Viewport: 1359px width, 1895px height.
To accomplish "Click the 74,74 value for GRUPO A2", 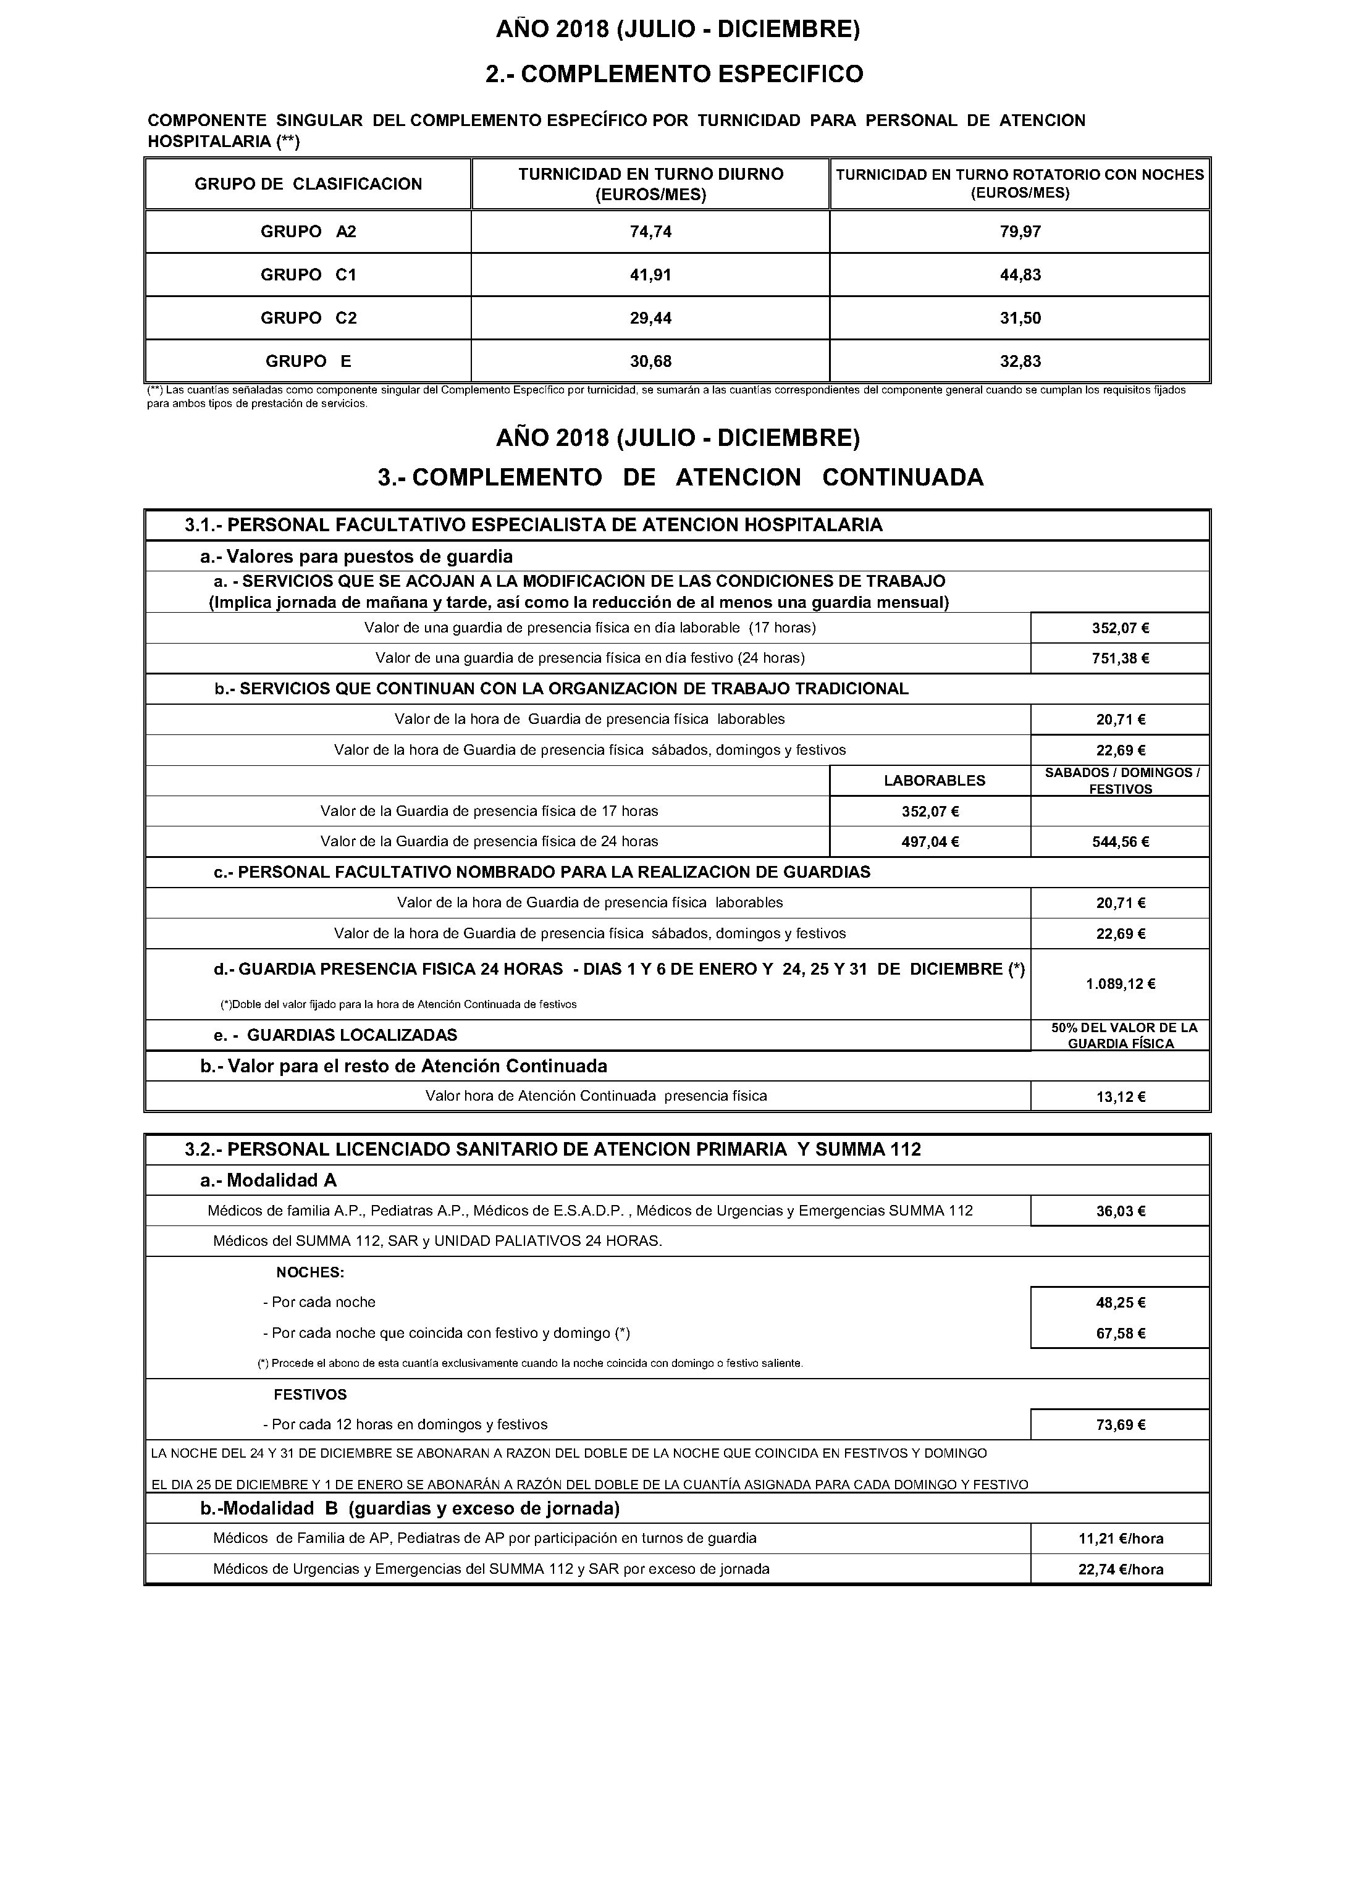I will (x=650, y=232).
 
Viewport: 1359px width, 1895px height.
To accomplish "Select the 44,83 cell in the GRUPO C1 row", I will (x=1020, y=275).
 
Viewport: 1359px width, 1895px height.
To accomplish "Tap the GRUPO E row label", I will (x=308, y=361).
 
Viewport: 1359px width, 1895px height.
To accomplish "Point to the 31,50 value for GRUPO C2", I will (x=1020, y=318).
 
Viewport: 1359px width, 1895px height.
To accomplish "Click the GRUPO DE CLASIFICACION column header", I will (x=308, y=184).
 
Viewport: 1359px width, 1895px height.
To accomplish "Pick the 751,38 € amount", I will (x=1120, y=658).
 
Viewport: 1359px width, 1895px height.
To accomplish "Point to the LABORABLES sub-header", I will (x=935, y=780).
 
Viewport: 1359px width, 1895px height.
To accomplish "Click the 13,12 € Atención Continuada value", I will (x=1120, y=1097).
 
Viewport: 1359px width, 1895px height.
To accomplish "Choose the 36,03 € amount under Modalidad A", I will (x=1120, y=1211).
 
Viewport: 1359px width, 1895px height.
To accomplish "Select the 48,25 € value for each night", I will (x=1120, y=1303).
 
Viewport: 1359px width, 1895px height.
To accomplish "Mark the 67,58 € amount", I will (x=1120, y=1334).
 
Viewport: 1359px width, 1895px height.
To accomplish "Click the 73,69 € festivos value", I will (x=1120, y=1424).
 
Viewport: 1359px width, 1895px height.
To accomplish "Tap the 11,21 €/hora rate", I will (x=1120, y=1538).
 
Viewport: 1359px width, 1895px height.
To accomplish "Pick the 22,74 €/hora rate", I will (x=1120, y=1569).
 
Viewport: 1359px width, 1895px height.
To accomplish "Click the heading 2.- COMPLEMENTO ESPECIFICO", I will (x=674, y=74).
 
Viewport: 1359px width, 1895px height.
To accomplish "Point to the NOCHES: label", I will (x=310, y=1272).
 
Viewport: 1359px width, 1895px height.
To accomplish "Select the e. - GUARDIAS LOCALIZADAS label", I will (x=336, y=1035).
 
